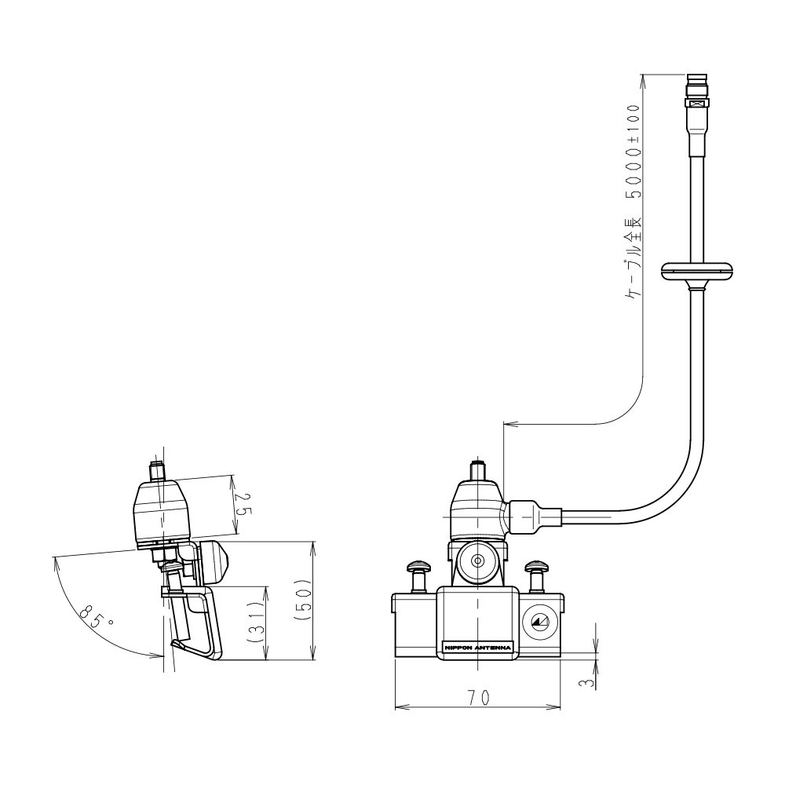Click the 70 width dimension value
pyautogui.click(x=479, y=697)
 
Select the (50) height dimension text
pyautogui.click(x=304, y=601)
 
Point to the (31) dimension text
pyautogui.click(x=257, y=622)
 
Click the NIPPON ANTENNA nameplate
pyautogui.click(x=477, y=648)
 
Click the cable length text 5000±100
pyautogui.click(x=633, y=152)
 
